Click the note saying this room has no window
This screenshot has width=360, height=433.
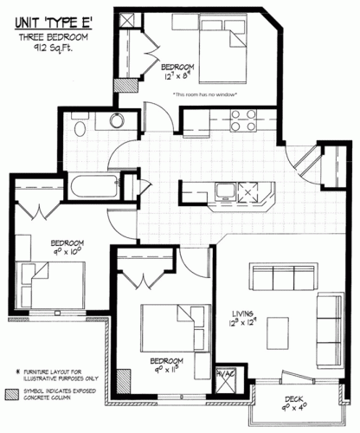point(204,94)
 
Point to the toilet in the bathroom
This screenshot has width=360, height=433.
point(80,128)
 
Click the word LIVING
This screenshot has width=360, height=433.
point(245,313)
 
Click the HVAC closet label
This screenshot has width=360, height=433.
point(224,373)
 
